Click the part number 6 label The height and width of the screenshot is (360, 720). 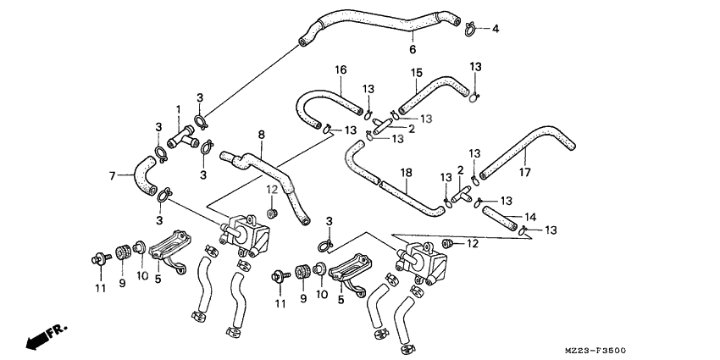coord(413,49)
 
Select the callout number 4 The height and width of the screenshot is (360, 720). coord(496,29)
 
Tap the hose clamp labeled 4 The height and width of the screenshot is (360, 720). coord(470,29)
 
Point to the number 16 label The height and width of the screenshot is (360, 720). coord(340,69)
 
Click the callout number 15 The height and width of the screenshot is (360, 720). coord(417,73)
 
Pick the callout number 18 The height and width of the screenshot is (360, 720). coord(407,172)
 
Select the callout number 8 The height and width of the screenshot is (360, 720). coord(261,135)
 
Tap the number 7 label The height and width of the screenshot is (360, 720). coord(111,176)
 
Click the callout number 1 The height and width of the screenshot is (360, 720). coord(179,109)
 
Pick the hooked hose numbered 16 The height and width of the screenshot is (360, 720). coord(322,106)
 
